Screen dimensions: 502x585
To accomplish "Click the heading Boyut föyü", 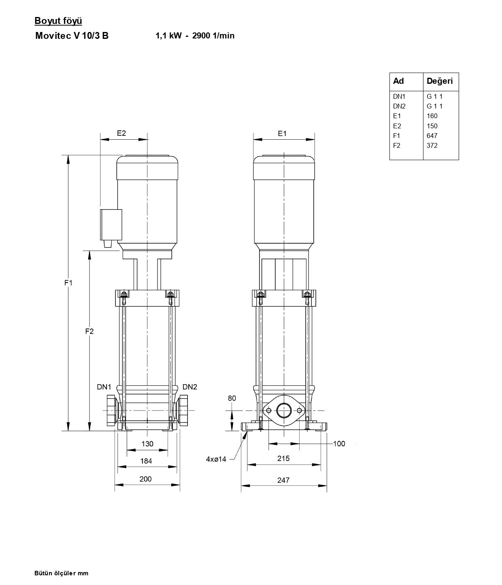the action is [x=58, y=21].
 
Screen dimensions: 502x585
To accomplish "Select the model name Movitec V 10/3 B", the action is [x=72, y=36].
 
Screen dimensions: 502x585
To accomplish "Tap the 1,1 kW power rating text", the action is [x=169, y=36].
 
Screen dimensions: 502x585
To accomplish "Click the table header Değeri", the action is [x=440, y=81].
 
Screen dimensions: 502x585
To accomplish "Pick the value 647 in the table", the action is [x=432, y=136].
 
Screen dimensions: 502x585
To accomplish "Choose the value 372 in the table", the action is [x=432, y=145].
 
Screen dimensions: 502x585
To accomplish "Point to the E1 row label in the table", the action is [x=397, y=116].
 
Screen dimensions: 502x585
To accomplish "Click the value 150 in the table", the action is [x=432, y=126].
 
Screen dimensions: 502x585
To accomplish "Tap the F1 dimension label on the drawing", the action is [x=68, y=283].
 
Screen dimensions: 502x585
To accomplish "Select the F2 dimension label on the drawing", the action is [x=89, y=331].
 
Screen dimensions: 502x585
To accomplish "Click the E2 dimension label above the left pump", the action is [x=121, y=133].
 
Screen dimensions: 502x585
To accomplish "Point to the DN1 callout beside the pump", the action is [x=104, y=387].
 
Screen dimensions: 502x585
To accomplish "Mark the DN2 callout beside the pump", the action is [x=189, y=387].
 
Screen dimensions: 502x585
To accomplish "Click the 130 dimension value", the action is [x=147, y=444].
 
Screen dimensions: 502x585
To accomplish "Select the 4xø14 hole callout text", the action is [x=216, y=459].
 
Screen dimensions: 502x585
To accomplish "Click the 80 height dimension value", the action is [x=232, y=398].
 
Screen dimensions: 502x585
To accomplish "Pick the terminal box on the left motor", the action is [x=111, y=225].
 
